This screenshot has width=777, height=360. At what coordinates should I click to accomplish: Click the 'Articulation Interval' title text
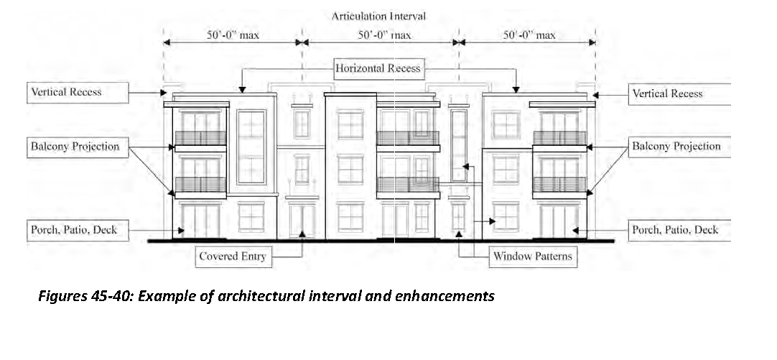tap(378, 16)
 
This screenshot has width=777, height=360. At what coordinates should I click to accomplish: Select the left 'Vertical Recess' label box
tap(66, 92)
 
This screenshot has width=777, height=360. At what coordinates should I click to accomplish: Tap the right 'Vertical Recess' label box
tap(667, 93)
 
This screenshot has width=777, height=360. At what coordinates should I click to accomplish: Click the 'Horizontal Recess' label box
tap(378, 69)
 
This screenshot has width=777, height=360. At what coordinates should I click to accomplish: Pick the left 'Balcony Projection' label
tap(75, 147)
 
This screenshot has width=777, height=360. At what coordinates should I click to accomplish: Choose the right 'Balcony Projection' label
tap(676, 147)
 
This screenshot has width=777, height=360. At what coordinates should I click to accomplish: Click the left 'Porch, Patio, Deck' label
tap(73, 230)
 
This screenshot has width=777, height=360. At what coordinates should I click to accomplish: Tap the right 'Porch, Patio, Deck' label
tap(675, 230)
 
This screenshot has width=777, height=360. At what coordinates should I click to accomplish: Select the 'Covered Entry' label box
tap(233, 257)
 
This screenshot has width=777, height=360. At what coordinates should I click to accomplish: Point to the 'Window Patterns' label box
tap(533, 257)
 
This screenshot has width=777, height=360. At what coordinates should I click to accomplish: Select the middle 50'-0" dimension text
tap(378, 34)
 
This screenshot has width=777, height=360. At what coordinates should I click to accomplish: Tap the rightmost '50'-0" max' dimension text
tap(529, 34)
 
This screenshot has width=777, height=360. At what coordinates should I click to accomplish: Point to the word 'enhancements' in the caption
tap(445, 296)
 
